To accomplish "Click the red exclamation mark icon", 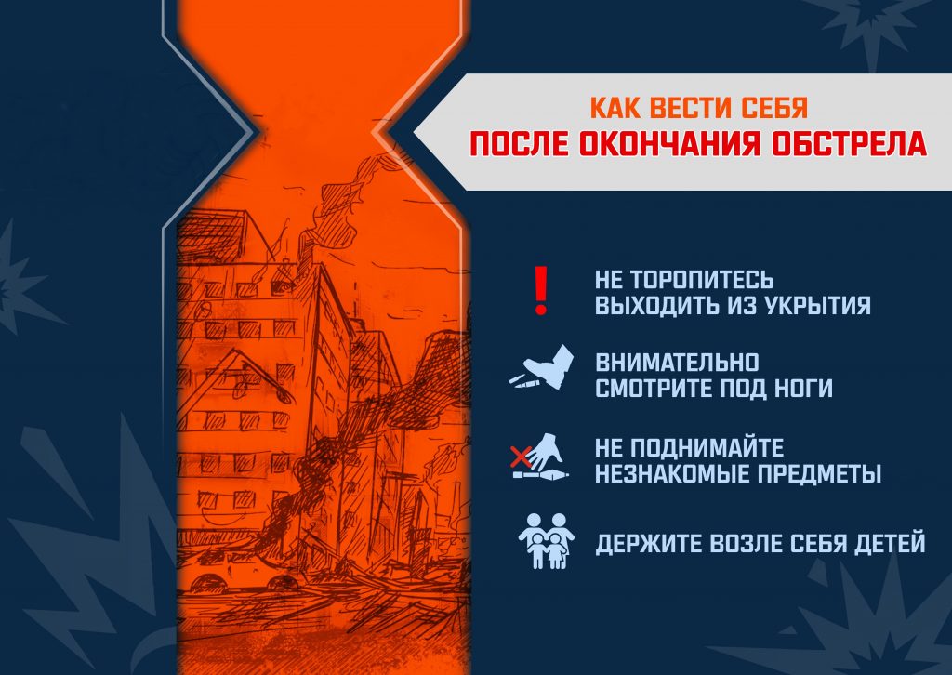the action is click(x=541, y=290).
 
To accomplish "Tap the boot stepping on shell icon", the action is click(x=542, y=368).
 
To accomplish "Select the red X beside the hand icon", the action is click(x=521, y=457).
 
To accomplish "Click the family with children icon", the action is click(x=547, y=541).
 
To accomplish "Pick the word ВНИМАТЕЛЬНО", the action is click(x=677, y=363).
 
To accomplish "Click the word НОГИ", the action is click(x=803, y=388).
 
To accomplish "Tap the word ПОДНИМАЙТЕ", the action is click(x=707, y=448).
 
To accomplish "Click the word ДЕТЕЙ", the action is click(x=890, y=544).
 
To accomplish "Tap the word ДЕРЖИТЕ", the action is click(x=648, y=544).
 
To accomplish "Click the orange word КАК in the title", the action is click(x=615, y=108).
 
